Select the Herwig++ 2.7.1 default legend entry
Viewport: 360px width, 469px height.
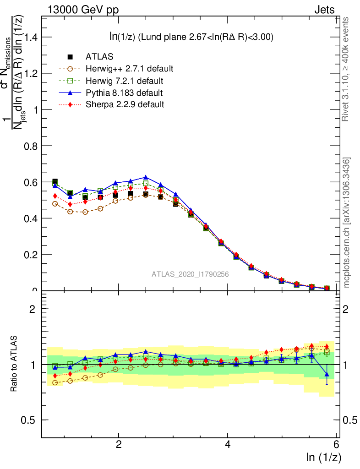point(129,69)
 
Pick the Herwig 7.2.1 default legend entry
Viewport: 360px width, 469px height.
point(124,81)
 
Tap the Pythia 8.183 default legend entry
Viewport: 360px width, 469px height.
point(124,93)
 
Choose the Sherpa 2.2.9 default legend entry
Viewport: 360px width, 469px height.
point(125,104)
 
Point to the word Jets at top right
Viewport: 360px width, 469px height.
point(324,10)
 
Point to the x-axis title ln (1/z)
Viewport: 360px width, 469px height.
point(323,457)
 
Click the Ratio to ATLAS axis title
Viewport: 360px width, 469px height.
point(15,365)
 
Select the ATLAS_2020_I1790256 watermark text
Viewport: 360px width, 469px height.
point(190,274)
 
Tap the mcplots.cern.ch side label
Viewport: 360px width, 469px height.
point(347,223)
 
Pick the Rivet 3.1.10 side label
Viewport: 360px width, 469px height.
point(346,69)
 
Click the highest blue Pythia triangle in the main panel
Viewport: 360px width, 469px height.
point(146,177)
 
